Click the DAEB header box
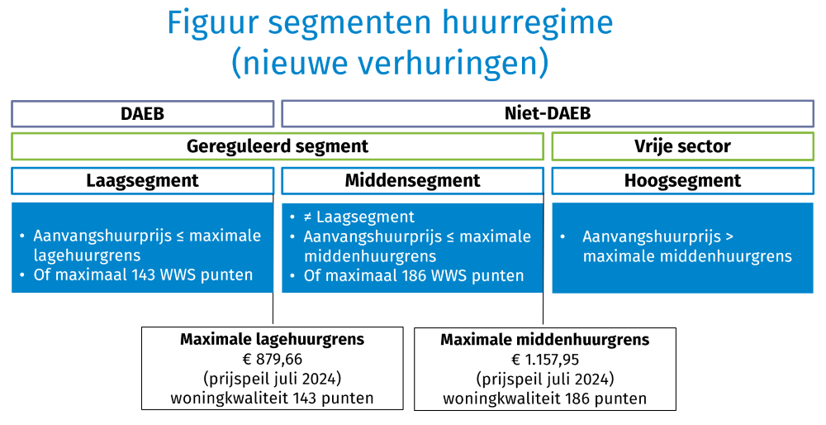click(x=142, y=114)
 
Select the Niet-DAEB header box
click(x=548, y=114)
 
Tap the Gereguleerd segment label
click(x=278, y=146)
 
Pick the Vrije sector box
click(x=682, y=146)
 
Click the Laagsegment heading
click(x=142, y=180)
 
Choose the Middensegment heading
click(x=412, y=180)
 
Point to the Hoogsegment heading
click(x=682, y=180)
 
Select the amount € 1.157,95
click(x=544, y=360)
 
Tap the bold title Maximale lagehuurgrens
click(x=272, y=339)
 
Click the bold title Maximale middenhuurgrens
click(x=544, y=340)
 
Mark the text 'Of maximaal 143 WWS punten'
click(x=143, y=275)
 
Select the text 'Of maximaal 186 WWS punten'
click(x=414, y=275)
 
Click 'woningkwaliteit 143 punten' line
click(x=272, y=399)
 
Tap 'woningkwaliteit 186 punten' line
click(x=544, y=399)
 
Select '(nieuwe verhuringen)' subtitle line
click(x=390, y=62)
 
